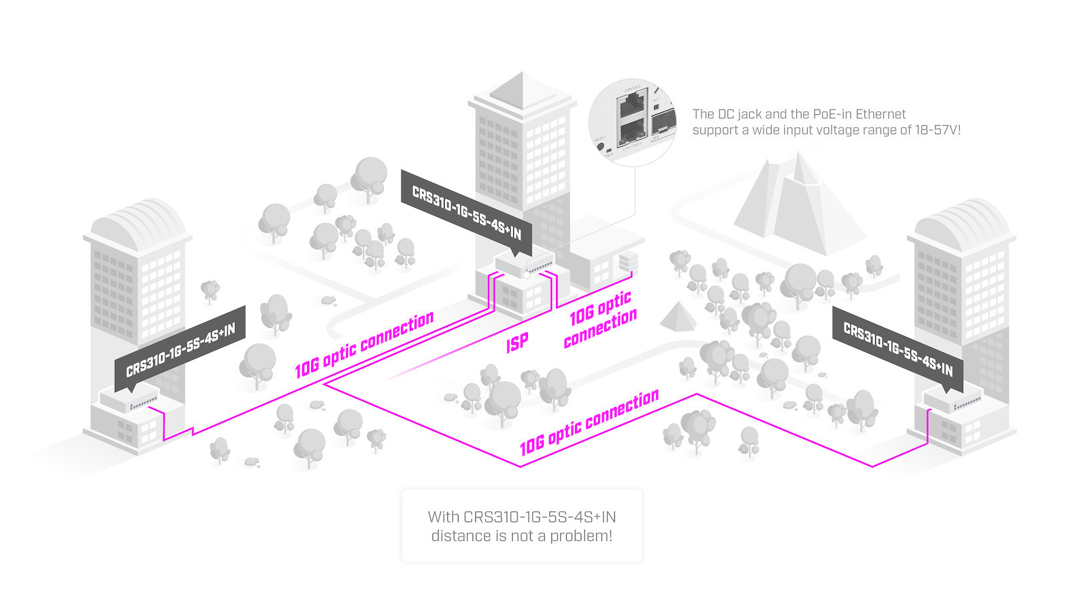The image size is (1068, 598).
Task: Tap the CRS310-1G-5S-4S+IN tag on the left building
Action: (x=180, y=349)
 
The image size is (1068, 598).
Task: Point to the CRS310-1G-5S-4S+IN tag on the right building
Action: (x=898, y=349)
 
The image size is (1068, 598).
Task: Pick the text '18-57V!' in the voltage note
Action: (x=938, y=130)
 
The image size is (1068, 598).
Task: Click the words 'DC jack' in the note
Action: (x=740, y=114)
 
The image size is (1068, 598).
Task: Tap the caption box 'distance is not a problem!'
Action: (x=521, y=526)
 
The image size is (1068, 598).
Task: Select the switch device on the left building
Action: (x=129, y=399)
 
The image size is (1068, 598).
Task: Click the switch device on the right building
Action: (x=953, y=399)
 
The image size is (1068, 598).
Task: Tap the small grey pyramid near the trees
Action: (x=678, y=317)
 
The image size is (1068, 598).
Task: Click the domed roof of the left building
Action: (x=138, y=220)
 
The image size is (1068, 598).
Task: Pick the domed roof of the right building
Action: (x=961, y=220)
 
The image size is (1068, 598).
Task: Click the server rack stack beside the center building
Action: (x=628, y=262)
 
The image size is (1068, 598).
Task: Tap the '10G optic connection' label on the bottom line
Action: (x=589, y=423)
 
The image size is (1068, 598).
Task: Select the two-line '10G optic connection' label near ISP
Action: (x=600, y=319)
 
